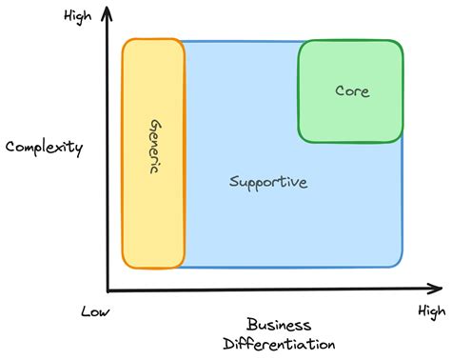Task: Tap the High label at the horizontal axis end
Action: click(430, 311)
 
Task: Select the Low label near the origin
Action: click(96, 312)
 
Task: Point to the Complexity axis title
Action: click(45, 148)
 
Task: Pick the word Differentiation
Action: click(280, 343)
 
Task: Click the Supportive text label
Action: click(268, 182)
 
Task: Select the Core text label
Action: click(352, 91)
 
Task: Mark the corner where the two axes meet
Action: click(108, 289)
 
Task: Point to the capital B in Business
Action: click(251, 324)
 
